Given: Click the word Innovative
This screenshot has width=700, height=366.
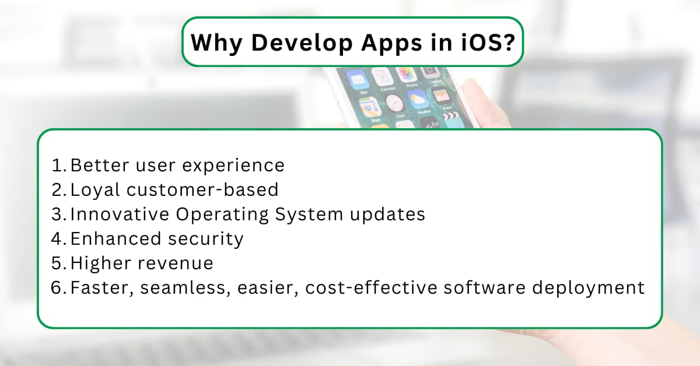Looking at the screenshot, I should tap(119, 214).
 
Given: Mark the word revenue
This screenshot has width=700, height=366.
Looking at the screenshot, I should tap(175, 263).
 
